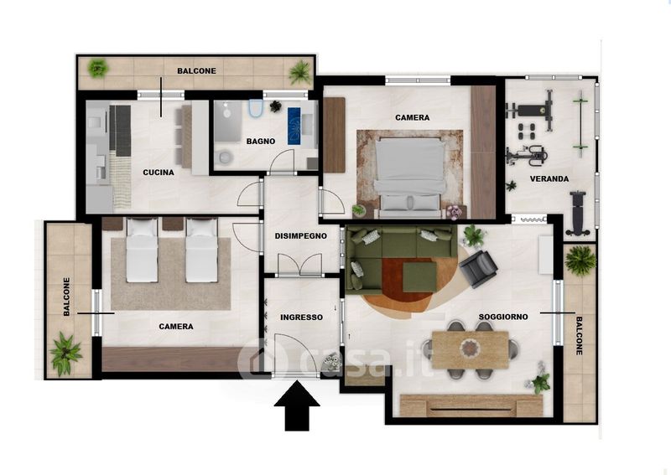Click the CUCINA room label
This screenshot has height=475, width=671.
[x=159, y=173]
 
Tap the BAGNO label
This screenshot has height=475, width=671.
[x=261, y=141]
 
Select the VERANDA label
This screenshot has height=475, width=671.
[x=549, y=178]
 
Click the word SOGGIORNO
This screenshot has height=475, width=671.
[x=503, y=317]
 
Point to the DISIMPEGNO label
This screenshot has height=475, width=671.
[x=301, y=235]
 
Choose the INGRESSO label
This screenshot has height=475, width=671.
[x=301, y=318]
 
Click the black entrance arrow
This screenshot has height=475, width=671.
[x=297, y=405]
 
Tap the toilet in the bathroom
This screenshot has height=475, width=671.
[x=256, y=109]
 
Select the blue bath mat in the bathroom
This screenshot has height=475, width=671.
[x=294, y=126]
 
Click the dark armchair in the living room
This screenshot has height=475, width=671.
[x=478, y=269]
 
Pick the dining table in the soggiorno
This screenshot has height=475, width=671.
[x=471, y=349]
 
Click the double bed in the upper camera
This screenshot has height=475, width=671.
[x=409, y=176]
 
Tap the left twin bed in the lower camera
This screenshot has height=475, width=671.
[x=142, y=250]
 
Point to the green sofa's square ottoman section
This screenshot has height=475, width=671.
[x=419, y=276]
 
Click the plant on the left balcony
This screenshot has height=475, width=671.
[x=65, y=353]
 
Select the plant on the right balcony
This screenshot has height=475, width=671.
[x=580, y=260]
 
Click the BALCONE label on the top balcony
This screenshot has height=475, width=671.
[x=197, y=71]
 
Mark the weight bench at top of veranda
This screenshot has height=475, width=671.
[x=531, y=111]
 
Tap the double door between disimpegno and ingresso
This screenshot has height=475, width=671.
[x=300, y=265]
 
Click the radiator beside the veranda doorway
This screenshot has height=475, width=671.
[x=532, y=219]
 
